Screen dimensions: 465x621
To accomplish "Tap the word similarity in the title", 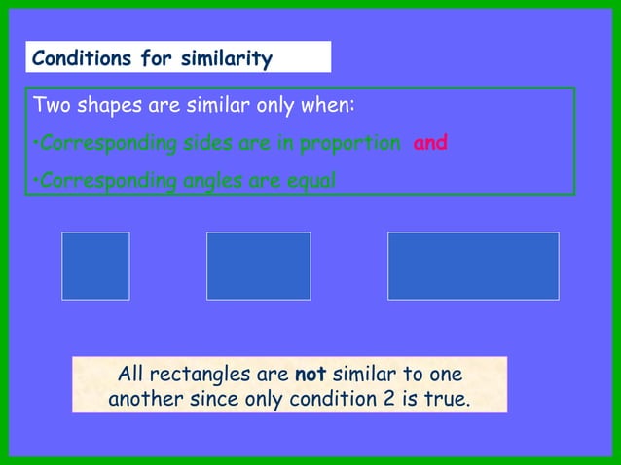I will click(x=225, y=59).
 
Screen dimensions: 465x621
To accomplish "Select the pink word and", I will click(x=430, y=143).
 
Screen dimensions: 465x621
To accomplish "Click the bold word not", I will click(x=310, y=375).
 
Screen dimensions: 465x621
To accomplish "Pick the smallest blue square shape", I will click(x=95, y=266).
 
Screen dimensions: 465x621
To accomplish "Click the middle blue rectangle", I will click(x=258, y=266).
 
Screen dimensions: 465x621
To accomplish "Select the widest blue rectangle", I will click(x=473, y=266).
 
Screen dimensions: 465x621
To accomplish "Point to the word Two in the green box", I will click(x=51, y=106).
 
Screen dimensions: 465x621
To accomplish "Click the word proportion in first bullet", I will click(x=349, y=144).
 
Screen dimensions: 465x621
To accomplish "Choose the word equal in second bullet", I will click(x=310, y=181).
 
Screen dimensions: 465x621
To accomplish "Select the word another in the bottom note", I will click(x=147, y=399).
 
